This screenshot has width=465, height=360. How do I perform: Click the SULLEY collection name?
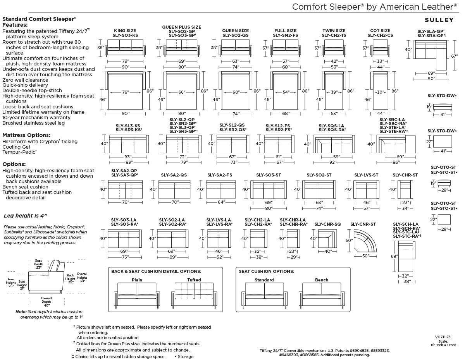click(439, 20)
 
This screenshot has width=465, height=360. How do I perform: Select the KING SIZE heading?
click(125, 31)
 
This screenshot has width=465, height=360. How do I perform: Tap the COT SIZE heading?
click(380, 31)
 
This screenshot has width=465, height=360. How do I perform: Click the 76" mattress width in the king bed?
click(126, 92)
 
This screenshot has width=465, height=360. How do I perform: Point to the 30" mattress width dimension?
click(380, 92)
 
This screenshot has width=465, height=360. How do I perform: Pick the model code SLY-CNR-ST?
click(363, 224)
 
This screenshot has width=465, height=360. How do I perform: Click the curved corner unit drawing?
click(365, 241)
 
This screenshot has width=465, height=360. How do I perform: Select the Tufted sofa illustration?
click(194, 296)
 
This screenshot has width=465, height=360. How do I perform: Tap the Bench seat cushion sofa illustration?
click(322, 296)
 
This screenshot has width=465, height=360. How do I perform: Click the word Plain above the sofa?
click(137, 280)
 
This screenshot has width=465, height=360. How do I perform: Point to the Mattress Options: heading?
click(26, 135)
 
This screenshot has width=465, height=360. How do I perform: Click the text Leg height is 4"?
click(26, 216)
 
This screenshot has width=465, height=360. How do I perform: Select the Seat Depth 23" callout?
click(38, 264)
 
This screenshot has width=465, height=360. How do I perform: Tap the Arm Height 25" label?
click(11, 283)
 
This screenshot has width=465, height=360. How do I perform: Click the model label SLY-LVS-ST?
click(366, 175)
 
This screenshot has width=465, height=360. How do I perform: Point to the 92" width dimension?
click(333, 162)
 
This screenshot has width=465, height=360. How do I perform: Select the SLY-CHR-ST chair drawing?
click(405, 189)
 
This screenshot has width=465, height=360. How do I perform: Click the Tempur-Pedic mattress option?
click(19, 152)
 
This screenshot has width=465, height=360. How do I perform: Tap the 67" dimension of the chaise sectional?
click(454, 56)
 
